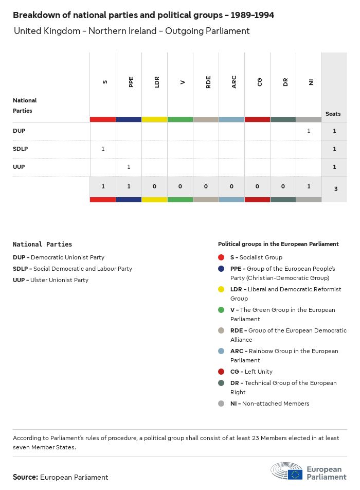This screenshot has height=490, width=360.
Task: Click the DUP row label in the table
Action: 19,131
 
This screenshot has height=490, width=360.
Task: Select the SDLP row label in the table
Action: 21,149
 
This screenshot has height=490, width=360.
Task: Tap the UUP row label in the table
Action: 19,167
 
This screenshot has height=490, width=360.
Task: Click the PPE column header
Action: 131,82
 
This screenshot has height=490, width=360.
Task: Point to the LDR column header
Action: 157,82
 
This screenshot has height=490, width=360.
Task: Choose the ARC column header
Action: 234,82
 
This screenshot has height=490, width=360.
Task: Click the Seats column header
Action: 333,114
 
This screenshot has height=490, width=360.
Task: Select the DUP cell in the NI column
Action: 309,131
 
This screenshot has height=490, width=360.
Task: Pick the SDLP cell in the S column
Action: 103,149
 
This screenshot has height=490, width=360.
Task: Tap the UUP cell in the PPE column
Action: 129,167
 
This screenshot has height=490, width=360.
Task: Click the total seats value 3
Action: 335,189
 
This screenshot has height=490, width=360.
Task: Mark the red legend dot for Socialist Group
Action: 221,257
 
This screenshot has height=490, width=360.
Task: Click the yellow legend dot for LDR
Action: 221,289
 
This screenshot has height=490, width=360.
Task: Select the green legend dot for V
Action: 221,310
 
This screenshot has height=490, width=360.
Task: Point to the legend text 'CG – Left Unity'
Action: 251,372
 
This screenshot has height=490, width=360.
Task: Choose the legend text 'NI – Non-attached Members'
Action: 269,404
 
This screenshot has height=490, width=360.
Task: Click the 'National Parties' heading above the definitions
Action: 42,244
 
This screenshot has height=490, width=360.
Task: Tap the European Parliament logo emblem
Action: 287,471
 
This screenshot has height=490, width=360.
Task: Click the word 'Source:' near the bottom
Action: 25,477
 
